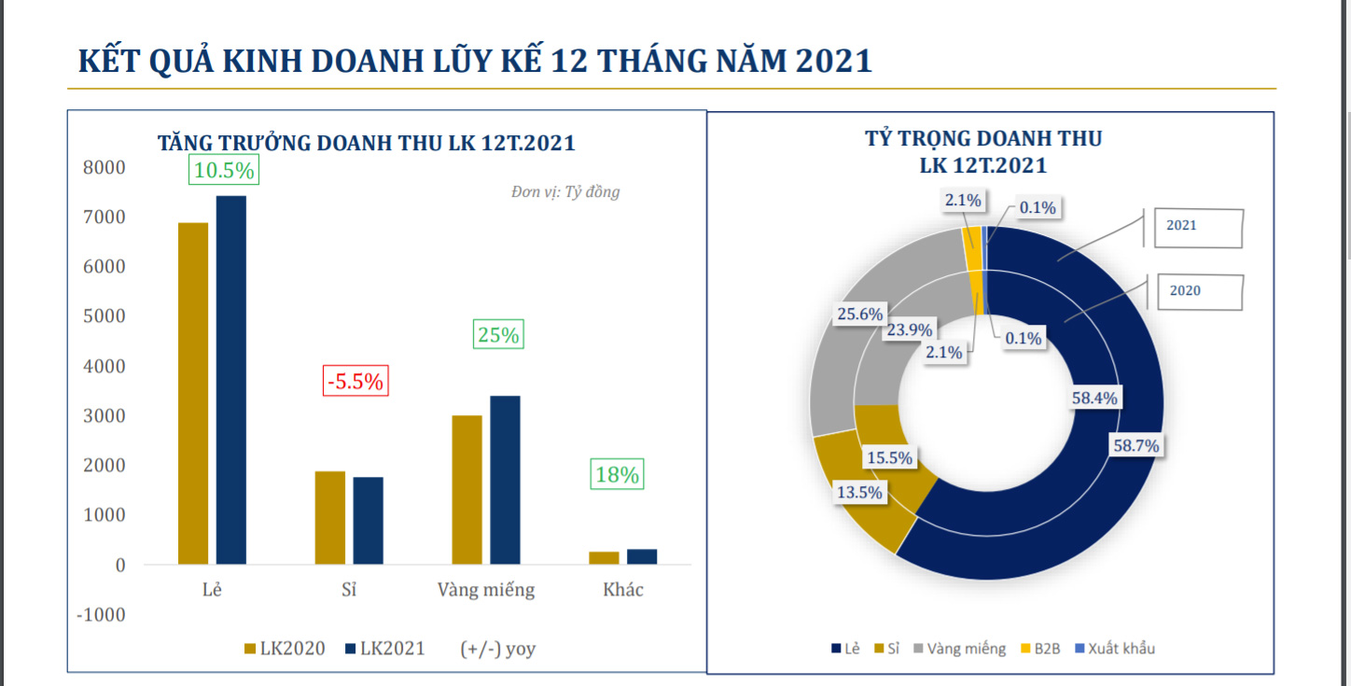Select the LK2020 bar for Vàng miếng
click(x=467, y=490)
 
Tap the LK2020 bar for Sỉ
click(x=329, y=518)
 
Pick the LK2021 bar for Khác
click(x=642, y=556)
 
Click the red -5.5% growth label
click(x=355, y=381)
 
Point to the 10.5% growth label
click(x=223, y=170)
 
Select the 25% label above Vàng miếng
click(x=498, y=334)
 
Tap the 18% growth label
click(x=617, y=474)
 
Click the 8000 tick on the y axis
click(x=104, y=168)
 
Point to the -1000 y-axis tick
click(x=100, y=614)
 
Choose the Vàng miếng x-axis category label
click(x=486, y=590)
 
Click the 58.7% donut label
click(x=1135, y=446)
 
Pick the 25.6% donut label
click(x=859, y=315)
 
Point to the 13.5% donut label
click(x=859, y=493)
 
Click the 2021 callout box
click(x=1198, y=227)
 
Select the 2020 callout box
click(x=1199, y=291)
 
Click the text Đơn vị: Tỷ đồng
click(x=564, y=192)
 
